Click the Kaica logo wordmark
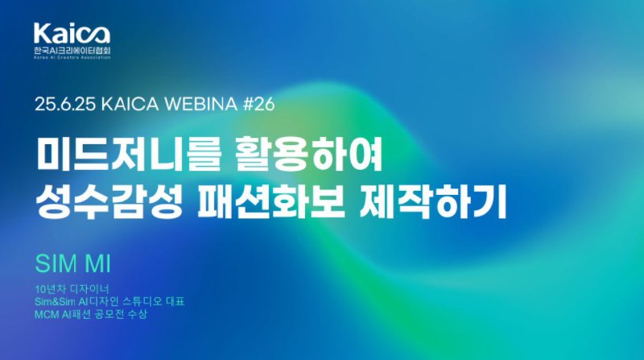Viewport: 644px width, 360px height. pyautogui.click(x=72, y=34)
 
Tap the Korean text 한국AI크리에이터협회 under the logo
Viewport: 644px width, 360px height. pyautogui.click(x=72, y=51)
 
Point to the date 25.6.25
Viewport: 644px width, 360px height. pyautogui.click(x=65, y=105)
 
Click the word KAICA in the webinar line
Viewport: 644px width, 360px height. pyautogui.click(x=130, y=105)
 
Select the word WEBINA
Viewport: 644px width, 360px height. pyautogui.click(x=201, y=105)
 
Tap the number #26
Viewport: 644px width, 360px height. pyautogui.click(x=258, y=105)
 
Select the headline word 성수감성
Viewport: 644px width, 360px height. pyautogui.click(x=109, y=202)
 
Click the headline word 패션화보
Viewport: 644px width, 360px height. pyautogui.click(x=271, y=202)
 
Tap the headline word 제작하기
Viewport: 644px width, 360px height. pyautogui.click(x=432, y=202)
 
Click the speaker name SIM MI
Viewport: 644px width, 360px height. pyautogui.click(x=73, y=263)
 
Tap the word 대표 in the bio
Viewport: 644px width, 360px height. pyautogui.click(x=175, y=302)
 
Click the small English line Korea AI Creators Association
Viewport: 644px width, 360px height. pyautogui.click(x=72, y=58)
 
